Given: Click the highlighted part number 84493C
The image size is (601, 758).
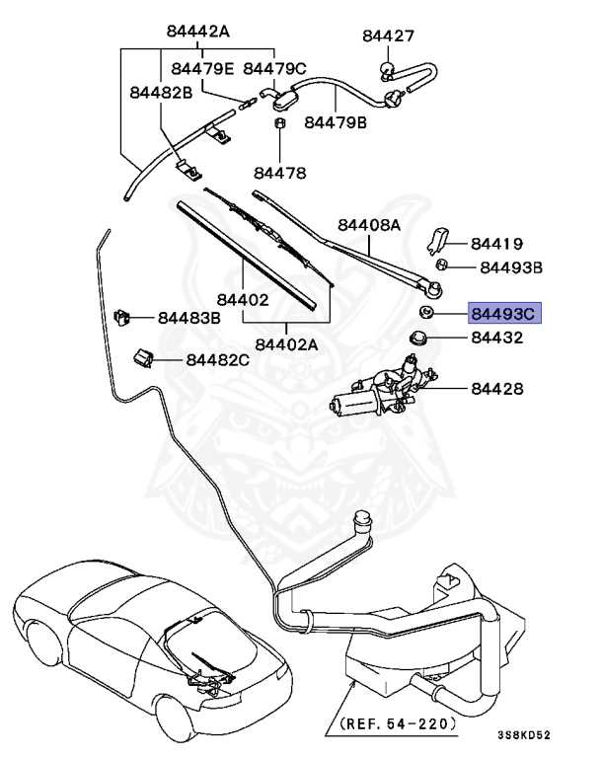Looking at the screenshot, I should pos(502,315).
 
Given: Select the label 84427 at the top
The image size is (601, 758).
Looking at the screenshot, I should pos(388,36).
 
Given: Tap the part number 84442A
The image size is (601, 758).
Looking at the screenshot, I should pos(196,32).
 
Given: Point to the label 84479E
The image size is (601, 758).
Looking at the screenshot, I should pos(201,68).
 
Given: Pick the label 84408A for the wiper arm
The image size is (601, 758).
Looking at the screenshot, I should pos(370,225).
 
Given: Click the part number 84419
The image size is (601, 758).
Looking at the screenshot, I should pos(496,243).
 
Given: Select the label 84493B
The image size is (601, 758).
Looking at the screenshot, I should pos(511,266).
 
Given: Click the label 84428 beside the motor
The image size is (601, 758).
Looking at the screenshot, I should pos(496,390).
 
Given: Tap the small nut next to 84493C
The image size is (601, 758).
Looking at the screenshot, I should pos(427,314).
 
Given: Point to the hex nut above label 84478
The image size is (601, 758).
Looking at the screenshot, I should pos(278,125).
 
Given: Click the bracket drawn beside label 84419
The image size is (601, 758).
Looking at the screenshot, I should pos(439,240).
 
